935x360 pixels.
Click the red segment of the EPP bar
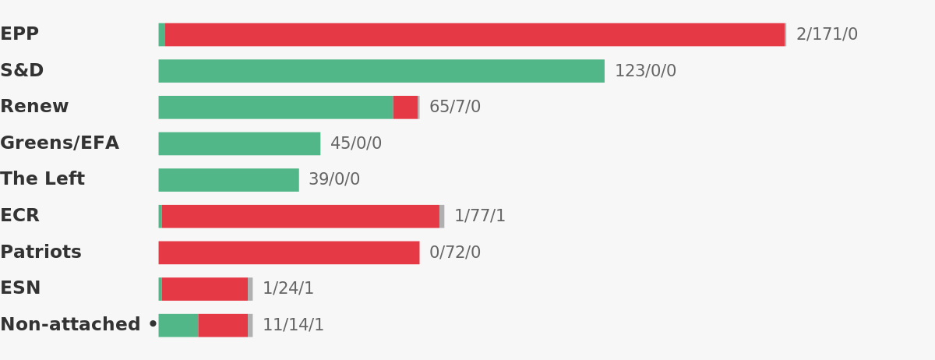tap(475, 34)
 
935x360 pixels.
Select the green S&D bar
tap(382, 71)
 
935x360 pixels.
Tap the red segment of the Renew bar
tap(405, 108)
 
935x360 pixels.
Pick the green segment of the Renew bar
tap(276, 108)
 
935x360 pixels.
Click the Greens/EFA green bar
tap(239, 143)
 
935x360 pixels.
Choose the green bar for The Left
tap(229, 180)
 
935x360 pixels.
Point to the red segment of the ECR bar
tap(301, 217)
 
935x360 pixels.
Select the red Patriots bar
tap(289, 252)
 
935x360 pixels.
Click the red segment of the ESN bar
tap(205, 289)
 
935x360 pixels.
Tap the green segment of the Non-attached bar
tap(178, 326)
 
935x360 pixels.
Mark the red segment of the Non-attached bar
tap(223, 326)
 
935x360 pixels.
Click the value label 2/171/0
tap(827, 34)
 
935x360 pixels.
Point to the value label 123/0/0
tap(646, 71)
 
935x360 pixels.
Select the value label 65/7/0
tap(455, 107)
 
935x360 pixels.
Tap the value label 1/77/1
tap(480, 216)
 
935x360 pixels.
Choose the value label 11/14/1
tap(293, 324)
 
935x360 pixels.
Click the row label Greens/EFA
tap(60, 143)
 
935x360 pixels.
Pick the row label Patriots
tap(41, 252)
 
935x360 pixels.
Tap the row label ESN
tap(20, 288)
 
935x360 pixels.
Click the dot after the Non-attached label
tap(153, 323)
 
